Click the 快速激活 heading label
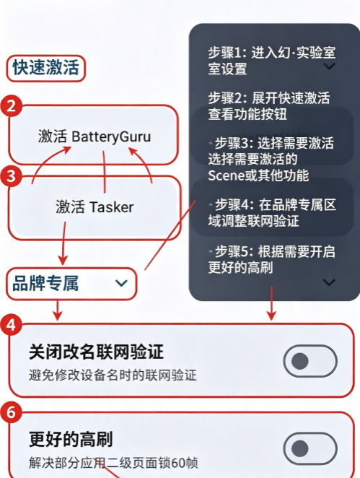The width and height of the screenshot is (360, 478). point(46,68)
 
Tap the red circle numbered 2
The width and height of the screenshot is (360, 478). point(12,106)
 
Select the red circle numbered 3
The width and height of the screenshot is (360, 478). point(12,176)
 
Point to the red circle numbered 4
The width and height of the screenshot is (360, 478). point(12,325)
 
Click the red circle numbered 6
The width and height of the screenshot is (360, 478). point(12,412)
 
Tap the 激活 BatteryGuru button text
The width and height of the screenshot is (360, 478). point(95,136)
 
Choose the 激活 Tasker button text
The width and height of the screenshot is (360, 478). point(95,207)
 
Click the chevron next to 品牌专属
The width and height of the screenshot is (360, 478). point(121,284)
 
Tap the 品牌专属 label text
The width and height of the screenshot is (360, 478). point(45,284)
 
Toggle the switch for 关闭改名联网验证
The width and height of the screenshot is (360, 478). point(310,361)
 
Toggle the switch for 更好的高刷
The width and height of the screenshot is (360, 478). point(310,448)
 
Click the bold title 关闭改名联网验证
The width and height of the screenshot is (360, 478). point(96,352)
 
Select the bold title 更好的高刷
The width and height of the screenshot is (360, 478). point(71,439)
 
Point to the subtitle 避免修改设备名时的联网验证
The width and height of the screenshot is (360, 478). point(113,375)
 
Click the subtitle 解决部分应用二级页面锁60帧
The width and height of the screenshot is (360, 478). point(113,463)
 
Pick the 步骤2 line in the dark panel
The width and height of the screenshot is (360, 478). point(269,106)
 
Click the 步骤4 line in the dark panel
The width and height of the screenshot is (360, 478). point(272,212)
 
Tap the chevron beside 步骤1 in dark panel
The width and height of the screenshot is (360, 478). point(329,66)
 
